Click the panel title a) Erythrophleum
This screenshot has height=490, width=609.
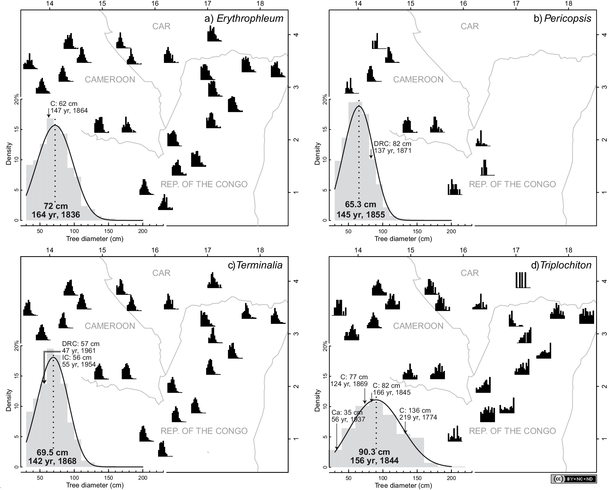244,19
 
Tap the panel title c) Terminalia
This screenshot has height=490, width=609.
255,265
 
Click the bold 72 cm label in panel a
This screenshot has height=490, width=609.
56,206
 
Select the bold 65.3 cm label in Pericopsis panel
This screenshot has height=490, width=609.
360,204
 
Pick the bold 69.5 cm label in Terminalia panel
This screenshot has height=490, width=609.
52,453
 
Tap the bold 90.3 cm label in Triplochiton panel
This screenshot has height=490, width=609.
374,452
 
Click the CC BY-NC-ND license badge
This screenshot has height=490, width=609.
573,479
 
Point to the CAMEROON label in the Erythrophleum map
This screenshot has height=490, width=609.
110,80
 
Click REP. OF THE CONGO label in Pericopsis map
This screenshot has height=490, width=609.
512,184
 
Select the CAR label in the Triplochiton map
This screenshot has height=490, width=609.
470,273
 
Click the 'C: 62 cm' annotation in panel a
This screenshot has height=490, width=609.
64,104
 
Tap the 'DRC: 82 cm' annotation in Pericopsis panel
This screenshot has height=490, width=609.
393,144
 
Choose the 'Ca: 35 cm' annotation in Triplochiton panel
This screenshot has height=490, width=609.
347,412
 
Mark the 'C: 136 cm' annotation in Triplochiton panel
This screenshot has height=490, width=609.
415,411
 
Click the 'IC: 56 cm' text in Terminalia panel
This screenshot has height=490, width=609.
77,357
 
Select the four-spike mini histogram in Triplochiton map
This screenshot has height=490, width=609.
523,280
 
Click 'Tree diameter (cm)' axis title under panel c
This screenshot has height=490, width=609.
95,485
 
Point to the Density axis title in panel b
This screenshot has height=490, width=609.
317,154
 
